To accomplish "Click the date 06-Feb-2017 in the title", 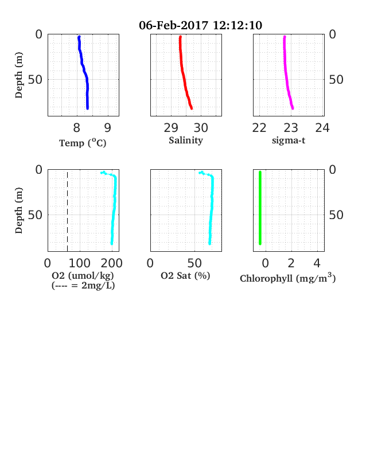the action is tap(173, 25).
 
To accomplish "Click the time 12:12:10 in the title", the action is tap(237, 25).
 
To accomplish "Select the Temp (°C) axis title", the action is tap(83, 143).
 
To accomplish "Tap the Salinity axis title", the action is tap(186, 141).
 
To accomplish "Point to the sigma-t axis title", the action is tap(289, 141).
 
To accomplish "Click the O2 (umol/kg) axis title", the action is tap(83, 275).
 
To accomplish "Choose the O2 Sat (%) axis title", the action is tap(185, 275).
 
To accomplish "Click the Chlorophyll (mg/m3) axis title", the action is tap(288, 278).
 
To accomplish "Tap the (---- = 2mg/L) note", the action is tap(83, 286).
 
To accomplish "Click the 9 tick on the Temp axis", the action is tap(107, 128).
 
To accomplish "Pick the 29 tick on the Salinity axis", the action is tap(171, 128).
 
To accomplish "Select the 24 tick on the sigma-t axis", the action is tap(322, 128).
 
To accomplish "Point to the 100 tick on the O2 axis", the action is tap(80, 263).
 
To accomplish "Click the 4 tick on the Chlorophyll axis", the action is tap(317, 263).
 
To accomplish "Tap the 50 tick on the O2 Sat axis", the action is tap(194, 263).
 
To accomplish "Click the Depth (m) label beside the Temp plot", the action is tap(19, 75).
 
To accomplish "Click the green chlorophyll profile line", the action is tap(260, 208).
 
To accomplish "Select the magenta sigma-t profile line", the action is tap(287, 73).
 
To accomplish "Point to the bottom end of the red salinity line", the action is tap(192, 108).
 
